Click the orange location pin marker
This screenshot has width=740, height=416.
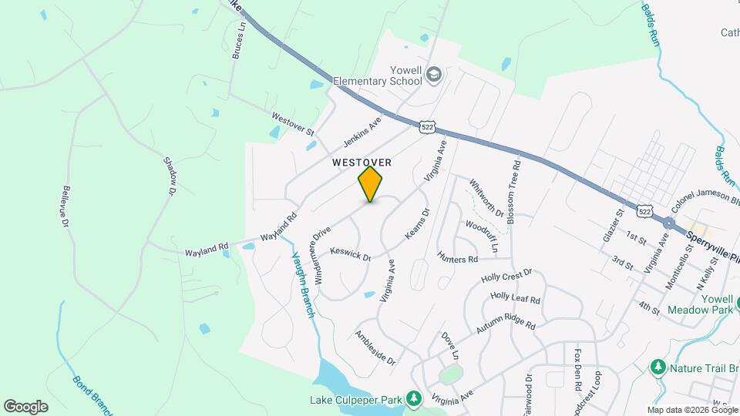click(370, 184)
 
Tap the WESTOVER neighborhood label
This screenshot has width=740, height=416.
click(362, 163)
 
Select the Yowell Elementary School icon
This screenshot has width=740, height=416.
click(434, 73)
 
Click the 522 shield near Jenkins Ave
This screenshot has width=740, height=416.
click(429, 126)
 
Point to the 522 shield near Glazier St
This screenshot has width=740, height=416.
click(646, 210)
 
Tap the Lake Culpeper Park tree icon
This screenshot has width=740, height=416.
click(415, 398)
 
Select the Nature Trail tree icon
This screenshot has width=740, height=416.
click(658, 367)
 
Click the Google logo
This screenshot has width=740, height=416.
click(25, 406)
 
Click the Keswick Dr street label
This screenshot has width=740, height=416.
click(351, 253)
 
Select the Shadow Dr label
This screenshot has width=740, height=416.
click(170, 175)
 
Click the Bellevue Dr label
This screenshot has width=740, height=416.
click(66, 206)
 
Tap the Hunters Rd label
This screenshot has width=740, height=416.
click(458, 257)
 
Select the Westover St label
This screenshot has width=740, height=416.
click(293, 123)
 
